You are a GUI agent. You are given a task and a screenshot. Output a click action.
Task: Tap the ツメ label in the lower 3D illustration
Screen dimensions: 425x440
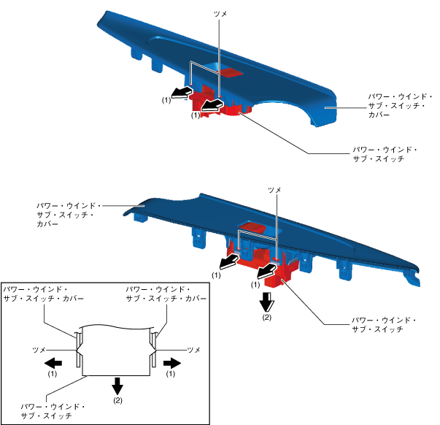click(274, 190)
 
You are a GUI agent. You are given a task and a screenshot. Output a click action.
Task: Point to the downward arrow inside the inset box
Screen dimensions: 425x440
click(117, 385)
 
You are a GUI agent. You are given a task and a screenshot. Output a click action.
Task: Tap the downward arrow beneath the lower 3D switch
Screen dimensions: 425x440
click(267, 299)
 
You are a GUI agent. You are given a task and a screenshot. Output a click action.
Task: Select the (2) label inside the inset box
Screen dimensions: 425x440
click(117, 401)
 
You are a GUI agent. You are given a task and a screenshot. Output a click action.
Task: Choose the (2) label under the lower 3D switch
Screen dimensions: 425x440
click(267, 316)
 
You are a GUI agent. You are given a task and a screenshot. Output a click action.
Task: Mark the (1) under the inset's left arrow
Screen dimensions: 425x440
click(52, 373)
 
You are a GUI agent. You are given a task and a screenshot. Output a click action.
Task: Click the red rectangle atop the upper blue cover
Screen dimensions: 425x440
click(231, 72)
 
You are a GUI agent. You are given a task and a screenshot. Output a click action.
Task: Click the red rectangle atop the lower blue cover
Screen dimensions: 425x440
click(252, 228)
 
